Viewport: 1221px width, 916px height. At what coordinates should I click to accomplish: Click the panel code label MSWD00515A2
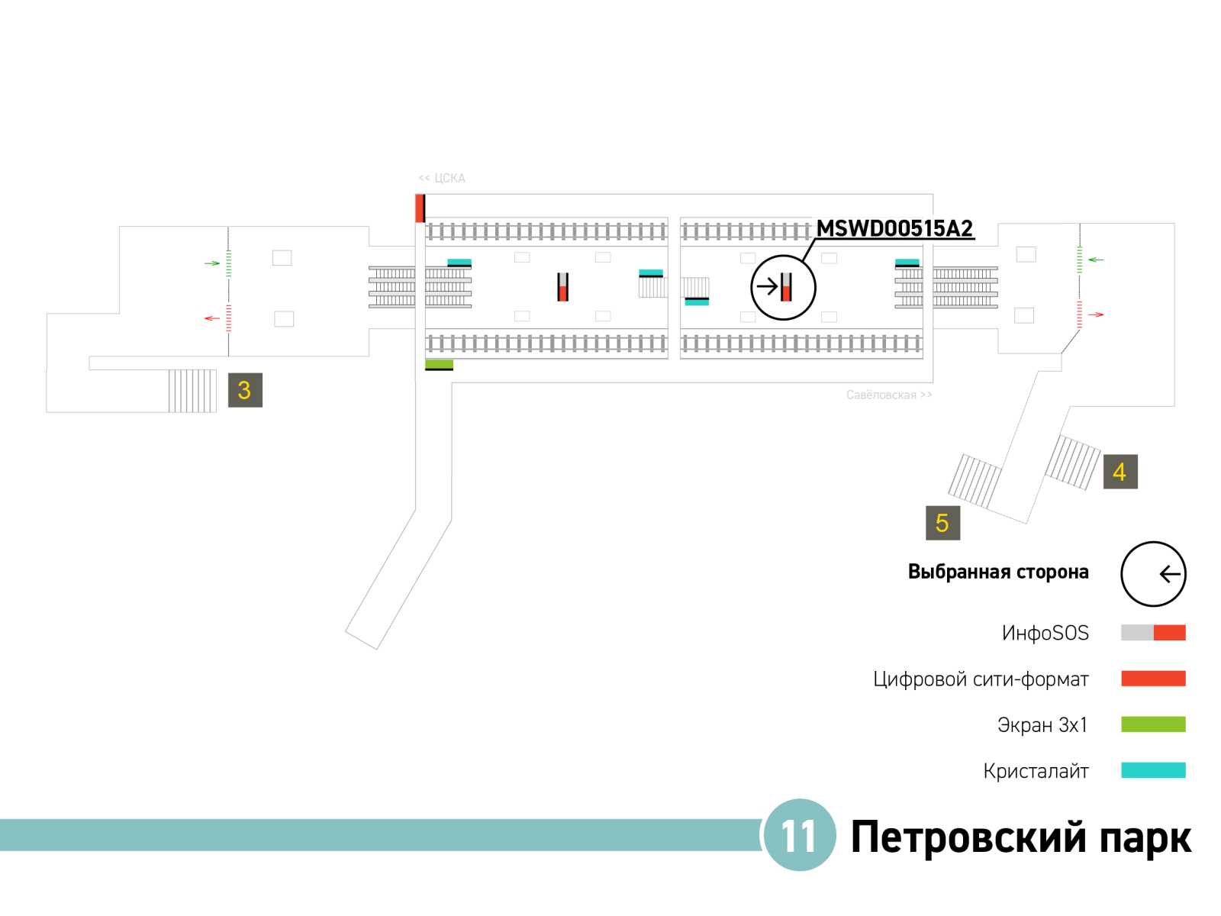click(x=894, y=228)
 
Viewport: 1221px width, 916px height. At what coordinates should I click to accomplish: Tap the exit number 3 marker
click(x=245, y=390)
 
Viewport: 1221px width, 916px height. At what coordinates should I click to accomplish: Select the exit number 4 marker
click(x=1120, y=472)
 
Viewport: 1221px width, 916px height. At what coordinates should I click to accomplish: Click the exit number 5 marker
click(x=942, y=523)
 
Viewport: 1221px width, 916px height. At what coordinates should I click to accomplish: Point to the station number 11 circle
click(x=799, y=835)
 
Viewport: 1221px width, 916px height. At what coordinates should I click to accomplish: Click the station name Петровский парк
click(x=1020, y=837)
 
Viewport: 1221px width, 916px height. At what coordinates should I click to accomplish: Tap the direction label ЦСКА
click(x=442, y=178)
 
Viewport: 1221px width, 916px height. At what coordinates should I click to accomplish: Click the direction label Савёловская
click(x=889, y=395)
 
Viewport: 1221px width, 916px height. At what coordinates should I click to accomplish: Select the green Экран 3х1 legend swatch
click(x=1152, y=724)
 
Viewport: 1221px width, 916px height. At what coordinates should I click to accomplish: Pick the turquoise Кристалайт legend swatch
click(x=1152, y=770)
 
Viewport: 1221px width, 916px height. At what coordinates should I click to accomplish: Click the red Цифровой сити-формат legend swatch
click(x=1152, y=679)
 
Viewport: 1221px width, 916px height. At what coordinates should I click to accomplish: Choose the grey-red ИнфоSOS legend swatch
click(x=1152, y=633)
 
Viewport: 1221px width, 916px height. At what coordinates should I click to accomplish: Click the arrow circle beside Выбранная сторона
click(x=1153, y=574)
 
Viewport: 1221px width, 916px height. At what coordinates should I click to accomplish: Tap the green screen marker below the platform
click(x=439, y=365)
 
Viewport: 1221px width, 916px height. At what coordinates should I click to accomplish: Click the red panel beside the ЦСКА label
click(x=420, y=208)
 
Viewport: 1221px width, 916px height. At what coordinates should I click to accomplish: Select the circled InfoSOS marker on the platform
click(x=784, y=287)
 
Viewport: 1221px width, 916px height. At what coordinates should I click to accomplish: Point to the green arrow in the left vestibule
click(x=212, y=263)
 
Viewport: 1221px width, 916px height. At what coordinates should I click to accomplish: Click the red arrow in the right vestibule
click(x=1096, y=314)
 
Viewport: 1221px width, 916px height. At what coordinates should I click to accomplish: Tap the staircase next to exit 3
click(x=192, y=391)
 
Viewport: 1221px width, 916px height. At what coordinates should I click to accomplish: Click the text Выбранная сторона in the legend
click(x=997, y=572)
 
